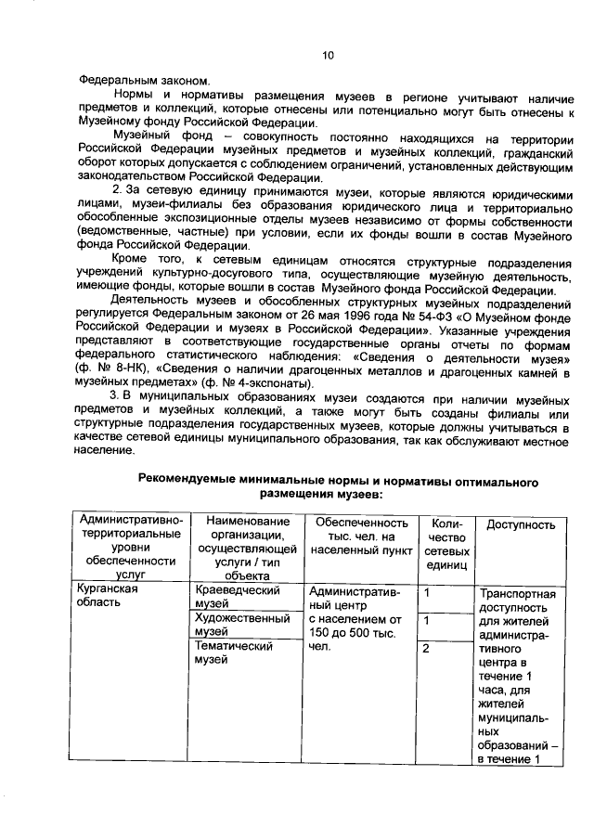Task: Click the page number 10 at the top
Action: click(327, 55)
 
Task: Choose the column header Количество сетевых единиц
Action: click(446, 550)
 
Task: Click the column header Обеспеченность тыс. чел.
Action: click(362, 537)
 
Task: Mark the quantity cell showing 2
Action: click(426, 648)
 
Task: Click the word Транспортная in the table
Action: click(517, 594)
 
